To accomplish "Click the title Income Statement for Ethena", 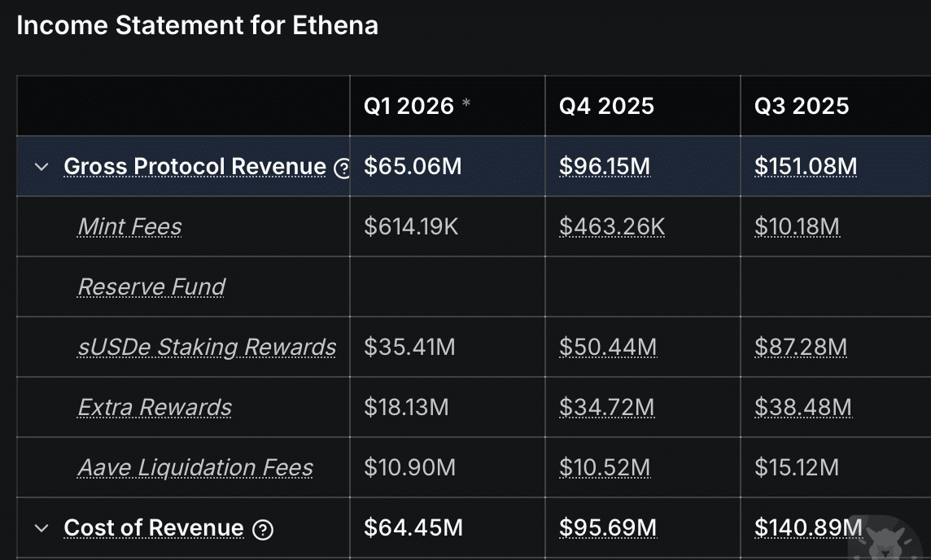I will point(197,25).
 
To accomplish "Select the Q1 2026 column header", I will point(409,106).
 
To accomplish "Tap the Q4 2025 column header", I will point(606,106).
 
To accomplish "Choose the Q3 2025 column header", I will point(802,106).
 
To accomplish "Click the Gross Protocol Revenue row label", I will point(195,167).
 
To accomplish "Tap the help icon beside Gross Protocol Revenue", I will point(343,168).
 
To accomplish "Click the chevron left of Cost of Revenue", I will point(42,528).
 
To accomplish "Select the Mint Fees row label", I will point(129,226).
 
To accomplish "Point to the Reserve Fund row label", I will point(151,287).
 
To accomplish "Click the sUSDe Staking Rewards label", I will point(207,347).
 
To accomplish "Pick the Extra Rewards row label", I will point(155,407).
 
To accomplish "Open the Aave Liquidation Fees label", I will point(195,467).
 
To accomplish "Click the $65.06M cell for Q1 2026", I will point(413,167).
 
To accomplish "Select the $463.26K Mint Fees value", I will point(612,226).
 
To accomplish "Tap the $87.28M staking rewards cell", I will point(801,348).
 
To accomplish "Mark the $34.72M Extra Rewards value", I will point(606,407).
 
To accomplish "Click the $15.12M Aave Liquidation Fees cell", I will point(797,467).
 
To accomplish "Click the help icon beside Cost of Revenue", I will point(262,530).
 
